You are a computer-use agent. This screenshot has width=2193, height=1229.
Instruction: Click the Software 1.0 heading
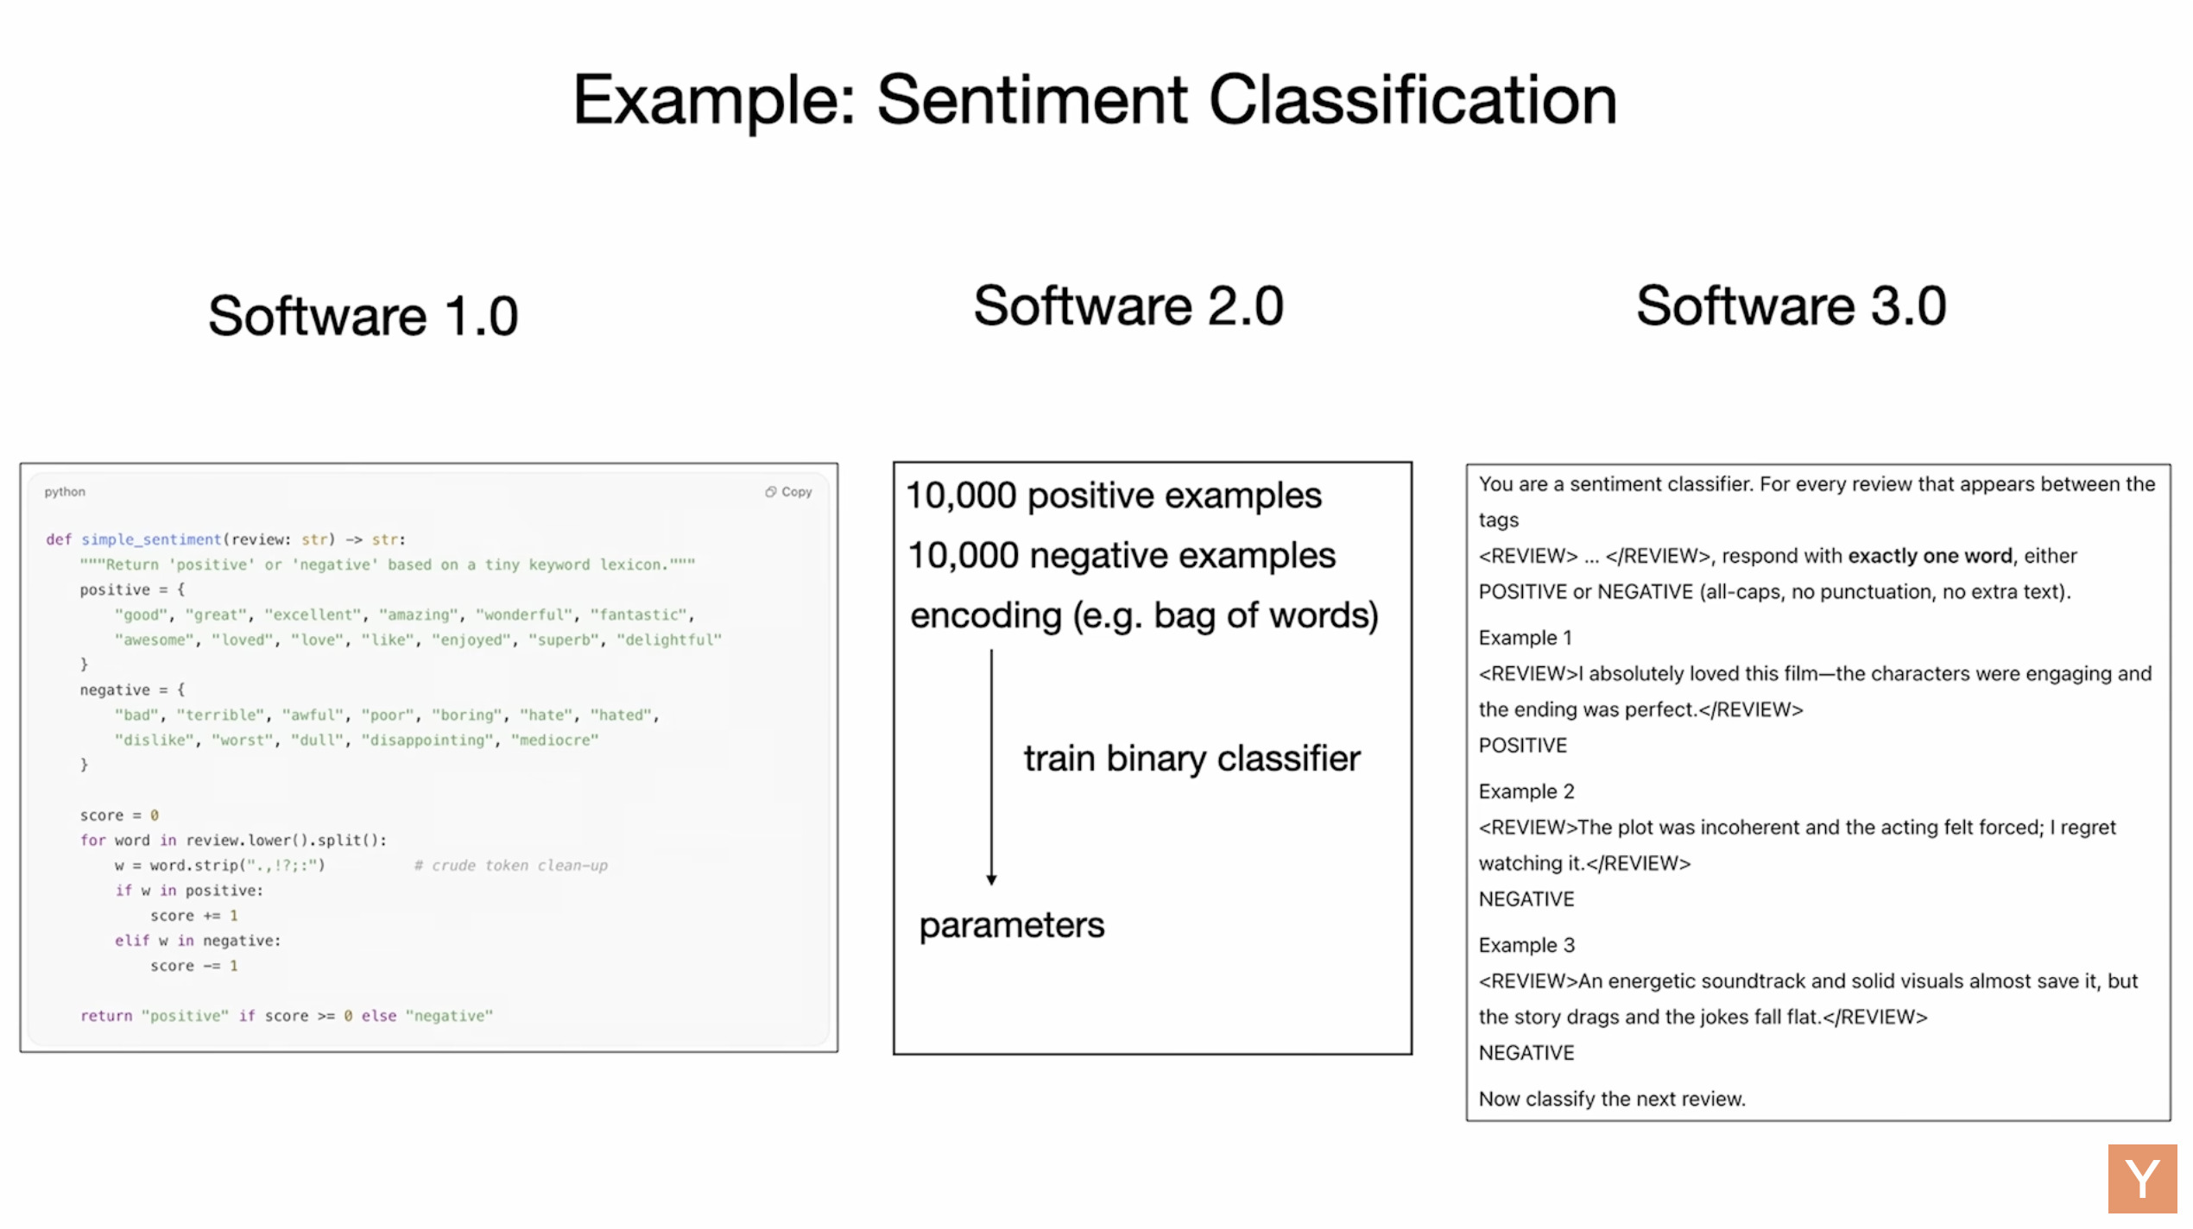tap(363, 315)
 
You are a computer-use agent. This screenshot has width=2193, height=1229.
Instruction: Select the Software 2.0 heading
tap(1128, 306)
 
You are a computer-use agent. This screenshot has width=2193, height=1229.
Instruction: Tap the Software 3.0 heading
tap(1792, 306)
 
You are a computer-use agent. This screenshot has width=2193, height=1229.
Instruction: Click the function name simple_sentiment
tap(151, 539)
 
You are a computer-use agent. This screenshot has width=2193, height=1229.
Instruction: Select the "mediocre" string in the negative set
tap(555, 740)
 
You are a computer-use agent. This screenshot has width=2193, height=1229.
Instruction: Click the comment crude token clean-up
tap(511, 865)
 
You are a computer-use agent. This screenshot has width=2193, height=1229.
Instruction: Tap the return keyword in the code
tap(106, 1016)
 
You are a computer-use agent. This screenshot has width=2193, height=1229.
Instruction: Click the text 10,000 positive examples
tap(1114, 495)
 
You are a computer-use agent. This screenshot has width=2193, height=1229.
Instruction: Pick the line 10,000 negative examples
tap(1122, 555)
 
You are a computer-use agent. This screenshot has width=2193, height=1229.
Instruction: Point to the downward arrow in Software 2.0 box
tap(991, 767)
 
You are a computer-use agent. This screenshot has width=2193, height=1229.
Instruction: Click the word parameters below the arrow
tap(1012, 925)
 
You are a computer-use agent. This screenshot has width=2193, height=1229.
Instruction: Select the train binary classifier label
tap(1192, 759)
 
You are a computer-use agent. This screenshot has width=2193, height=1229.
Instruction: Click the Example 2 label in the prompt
tap(1526, 791)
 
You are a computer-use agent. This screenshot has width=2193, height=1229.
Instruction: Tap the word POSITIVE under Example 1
tap(1523, 746)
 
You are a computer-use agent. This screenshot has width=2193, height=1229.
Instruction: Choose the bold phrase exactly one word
tap(1930, 556)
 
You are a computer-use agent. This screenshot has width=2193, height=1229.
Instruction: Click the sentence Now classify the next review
tap(1612, 1099)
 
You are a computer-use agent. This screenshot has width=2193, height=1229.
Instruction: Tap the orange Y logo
tap(2143, 1179)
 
